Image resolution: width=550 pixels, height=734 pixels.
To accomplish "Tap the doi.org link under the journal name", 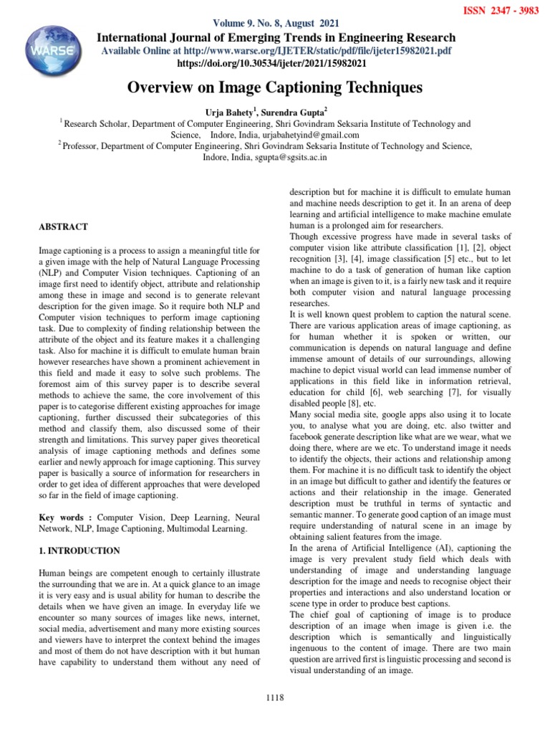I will click(276, 63).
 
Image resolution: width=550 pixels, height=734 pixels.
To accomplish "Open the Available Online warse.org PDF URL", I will click(276, 51).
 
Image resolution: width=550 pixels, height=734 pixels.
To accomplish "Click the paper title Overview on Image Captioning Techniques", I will click(275, 88).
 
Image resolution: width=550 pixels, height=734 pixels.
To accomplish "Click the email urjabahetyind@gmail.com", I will click(304, 135).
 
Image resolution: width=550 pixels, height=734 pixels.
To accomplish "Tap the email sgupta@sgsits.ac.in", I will click(292, 157).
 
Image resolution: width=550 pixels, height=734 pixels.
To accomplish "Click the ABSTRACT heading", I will click(63, 227).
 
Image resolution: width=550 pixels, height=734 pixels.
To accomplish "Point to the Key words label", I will click(65, 517).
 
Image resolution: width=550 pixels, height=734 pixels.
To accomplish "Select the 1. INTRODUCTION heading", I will click(79, 551).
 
